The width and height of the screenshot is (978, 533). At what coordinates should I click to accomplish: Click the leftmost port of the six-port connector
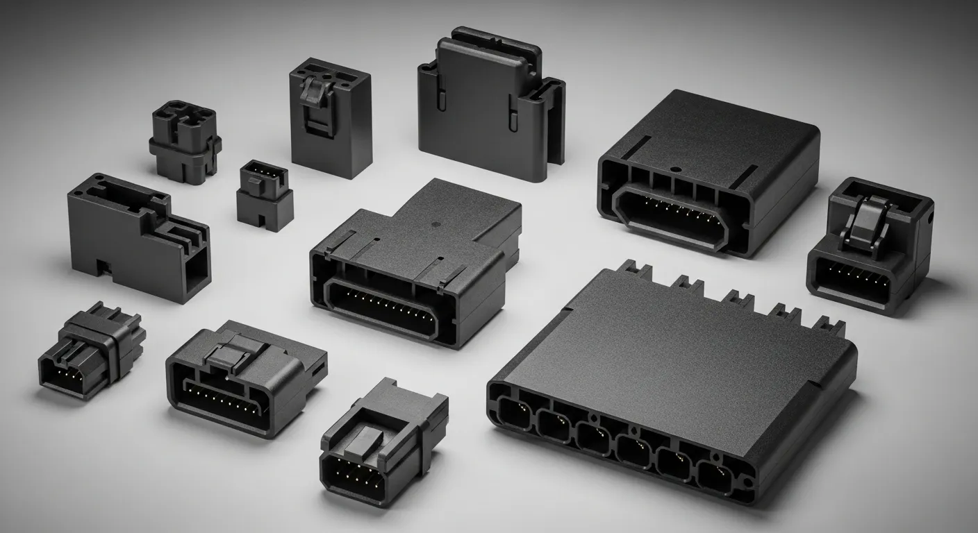[x=513, y=412]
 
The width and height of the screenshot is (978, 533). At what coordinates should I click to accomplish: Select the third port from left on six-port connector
[x=594, y=439]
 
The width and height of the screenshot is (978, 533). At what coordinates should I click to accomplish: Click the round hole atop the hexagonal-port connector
[x=674, y=169]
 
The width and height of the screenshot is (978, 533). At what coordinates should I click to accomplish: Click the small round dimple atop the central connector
[x=434, y=224]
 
